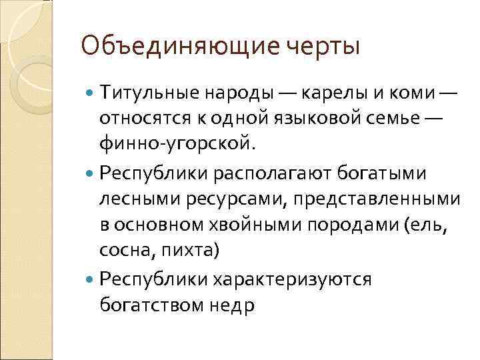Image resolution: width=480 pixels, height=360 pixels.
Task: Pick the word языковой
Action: point(299,119)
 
